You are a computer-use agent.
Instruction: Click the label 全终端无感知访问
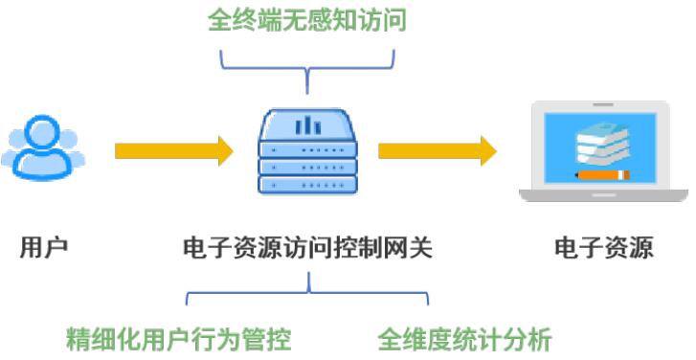pos(307,20)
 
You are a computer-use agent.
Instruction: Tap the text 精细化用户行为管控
pos(179,339)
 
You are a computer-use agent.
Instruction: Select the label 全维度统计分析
pos(464,339)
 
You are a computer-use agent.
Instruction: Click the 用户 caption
pos(44,249)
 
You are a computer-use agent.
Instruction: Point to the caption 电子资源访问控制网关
pos(307,249)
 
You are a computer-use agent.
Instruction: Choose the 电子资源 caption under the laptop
pos(603,249)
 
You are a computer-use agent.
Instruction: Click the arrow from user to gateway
pos(173,150)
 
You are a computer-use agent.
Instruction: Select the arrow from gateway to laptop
pos(437,150)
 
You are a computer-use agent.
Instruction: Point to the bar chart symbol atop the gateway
pos(307,124)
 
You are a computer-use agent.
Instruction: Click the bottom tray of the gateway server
pos(307,186)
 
